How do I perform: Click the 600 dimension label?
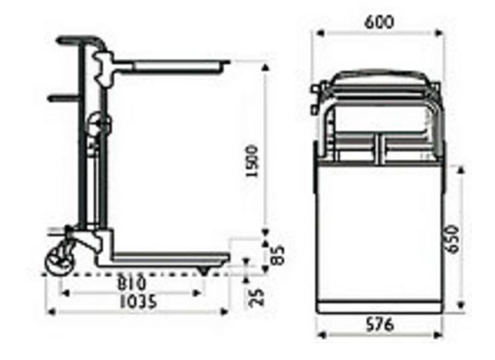[380, 22]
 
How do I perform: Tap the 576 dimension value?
[380, 324]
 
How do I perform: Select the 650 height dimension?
[453, 239]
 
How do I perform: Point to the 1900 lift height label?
[252, 162]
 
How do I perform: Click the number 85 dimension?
[278, 255]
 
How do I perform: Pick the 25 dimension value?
[256, 297]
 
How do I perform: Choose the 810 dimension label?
[132, 283]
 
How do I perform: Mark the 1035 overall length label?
[138, 301]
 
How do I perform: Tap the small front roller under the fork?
[203, 271]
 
